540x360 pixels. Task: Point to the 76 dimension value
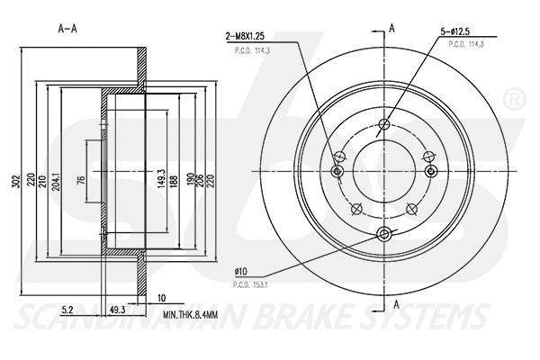point(80,180)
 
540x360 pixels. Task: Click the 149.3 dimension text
point(159,175)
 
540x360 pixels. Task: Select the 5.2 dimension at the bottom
point(69,310)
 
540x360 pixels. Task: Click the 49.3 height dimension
point(116,310)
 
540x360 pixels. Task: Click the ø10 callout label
point(240,269)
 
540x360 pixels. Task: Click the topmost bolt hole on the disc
point(384,125)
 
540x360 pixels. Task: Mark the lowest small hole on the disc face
point(384,234)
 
